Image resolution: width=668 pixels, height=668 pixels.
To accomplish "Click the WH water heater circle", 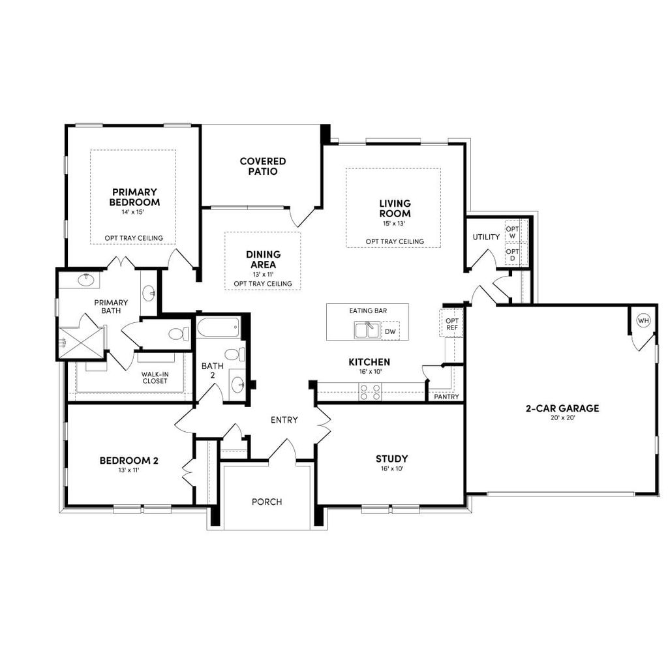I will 643,320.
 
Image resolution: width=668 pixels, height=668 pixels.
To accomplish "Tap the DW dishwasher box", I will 390,331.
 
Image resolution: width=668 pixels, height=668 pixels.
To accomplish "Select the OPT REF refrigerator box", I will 451,324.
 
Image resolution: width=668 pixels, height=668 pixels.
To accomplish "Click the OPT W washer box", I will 513,232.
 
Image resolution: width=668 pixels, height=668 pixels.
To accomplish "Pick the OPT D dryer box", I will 513,254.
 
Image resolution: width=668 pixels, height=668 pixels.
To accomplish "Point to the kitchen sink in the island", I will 367,331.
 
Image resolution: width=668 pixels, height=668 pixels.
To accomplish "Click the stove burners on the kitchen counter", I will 370,391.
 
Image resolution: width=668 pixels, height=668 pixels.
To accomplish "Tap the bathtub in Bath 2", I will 219,327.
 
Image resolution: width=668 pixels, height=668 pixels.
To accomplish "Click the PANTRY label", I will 446,397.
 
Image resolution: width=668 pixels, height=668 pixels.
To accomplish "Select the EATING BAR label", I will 368,311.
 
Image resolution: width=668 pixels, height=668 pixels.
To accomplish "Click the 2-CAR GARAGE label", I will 562,409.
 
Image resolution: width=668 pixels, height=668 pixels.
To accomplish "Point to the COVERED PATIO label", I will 263,166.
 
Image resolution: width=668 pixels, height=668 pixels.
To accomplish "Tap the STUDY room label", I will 392,459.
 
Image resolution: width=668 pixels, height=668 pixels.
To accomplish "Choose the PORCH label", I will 267,502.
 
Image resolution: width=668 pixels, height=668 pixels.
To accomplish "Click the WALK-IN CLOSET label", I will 155,377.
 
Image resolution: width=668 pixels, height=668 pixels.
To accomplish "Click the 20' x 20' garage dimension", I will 562,419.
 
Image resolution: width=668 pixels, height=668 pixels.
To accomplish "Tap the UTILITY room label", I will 486,237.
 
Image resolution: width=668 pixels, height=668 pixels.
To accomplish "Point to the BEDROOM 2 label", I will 129,461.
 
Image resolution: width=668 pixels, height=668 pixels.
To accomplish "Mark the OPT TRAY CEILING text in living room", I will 395,241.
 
